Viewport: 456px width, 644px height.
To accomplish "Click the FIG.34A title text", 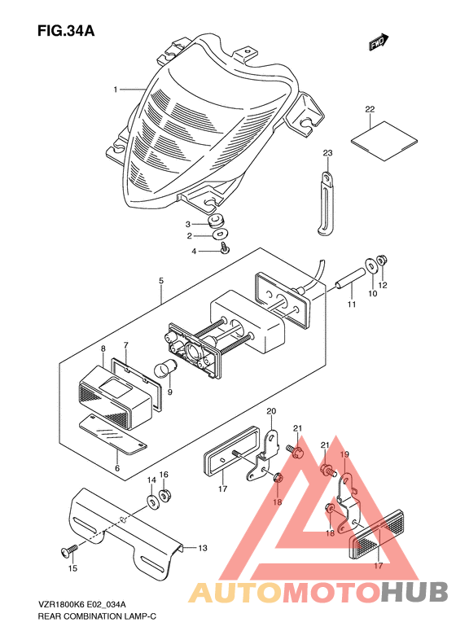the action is pyautogui.click(x=66, y=31).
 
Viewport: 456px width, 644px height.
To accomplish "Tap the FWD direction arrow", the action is pyautogui.click(x=378, y=42).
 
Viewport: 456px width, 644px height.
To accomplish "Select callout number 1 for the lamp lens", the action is pyautogui.click(x=116, y=90).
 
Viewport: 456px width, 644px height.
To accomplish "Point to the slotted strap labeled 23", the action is pyautogui.click(x=327, y=204).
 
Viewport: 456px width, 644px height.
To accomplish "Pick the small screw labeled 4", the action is pyautogui.click(x=224, y=248).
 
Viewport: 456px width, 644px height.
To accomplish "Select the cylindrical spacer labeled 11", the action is pyautogui.click(x=349, y=279).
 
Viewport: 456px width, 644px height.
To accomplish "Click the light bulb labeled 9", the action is pyautogui.click(x=166, y=367).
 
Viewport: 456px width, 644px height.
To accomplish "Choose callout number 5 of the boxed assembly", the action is pyautogui.click(x=161, y=281).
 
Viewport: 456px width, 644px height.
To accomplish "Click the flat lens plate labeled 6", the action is pyautogui.click(x=112, y=435).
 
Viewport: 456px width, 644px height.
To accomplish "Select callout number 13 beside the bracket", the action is pyautogui.click(x=203, y=548).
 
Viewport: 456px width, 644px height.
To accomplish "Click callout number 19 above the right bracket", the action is pyautogui.click(x=344, y=454).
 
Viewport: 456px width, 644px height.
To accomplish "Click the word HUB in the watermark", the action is pyautogui.click(x=414, y=592).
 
